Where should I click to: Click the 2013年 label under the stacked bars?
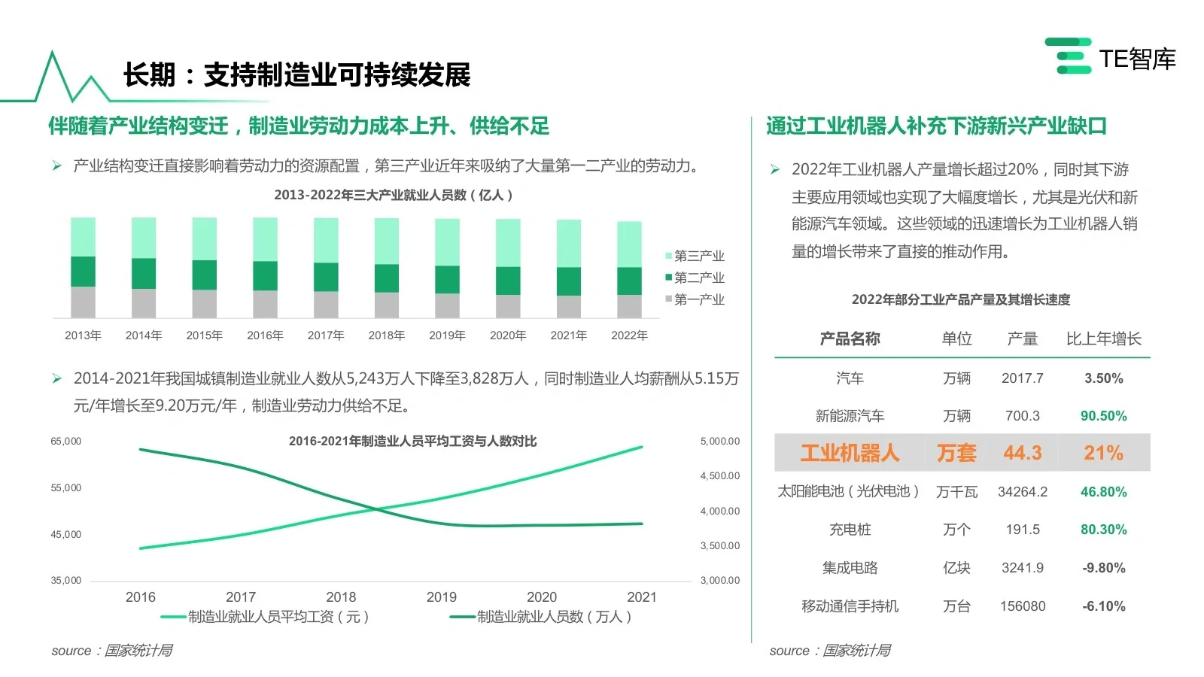[83, 335]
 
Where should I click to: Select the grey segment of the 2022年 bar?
[629, 306]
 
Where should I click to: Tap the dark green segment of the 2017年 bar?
[326, 277]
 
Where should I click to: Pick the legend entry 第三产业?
[695, 256]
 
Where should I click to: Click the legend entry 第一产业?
[695, 299]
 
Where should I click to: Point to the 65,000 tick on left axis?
[65, 441]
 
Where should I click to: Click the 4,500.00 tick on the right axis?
[720, 475]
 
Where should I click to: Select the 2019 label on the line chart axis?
[441, 597]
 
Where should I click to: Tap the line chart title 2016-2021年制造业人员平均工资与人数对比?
[412, 441]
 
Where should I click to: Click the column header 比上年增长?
[1103, 338]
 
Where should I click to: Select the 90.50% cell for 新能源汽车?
[1103, 416]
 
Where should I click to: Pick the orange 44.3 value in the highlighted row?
[1022, 453]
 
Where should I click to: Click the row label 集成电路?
[850, 568]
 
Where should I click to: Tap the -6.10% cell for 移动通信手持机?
[1103, 606]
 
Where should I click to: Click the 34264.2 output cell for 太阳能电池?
[1022, 492]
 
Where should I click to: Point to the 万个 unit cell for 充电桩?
[956, 530]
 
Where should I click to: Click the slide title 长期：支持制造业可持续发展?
[296, 74]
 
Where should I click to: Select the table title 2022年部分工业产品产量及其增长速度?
[960, 299]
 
